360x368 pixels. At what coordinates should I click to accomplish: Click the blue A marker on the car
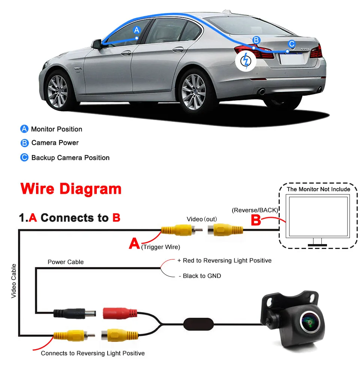pos(137,30)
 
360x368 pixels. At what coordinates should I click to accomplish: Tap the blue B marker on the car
pos(256,40)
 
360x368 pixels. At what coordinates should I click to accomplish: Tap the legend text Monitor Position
pos(56,129)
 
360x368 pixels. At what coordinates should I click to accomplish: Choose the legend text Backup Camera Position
pos(70,158)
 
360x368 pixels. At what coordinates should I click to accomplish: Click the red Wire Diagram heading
pos(71,189)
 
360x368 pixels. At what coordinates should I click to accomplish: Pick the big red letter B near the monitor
pos(255,220)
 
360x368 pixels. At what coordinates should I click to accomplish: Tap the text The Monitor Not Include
pos(318,189)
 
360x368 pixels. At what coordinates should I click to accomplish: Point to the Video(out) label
pos(202,219)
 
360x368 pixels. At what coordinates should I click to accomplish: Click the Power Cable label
pos(66,262)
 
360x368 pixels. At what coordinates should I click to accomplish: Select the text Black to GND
pos(202,276)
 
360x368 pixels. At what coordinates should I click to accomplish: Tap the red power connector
pos(120,313)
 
